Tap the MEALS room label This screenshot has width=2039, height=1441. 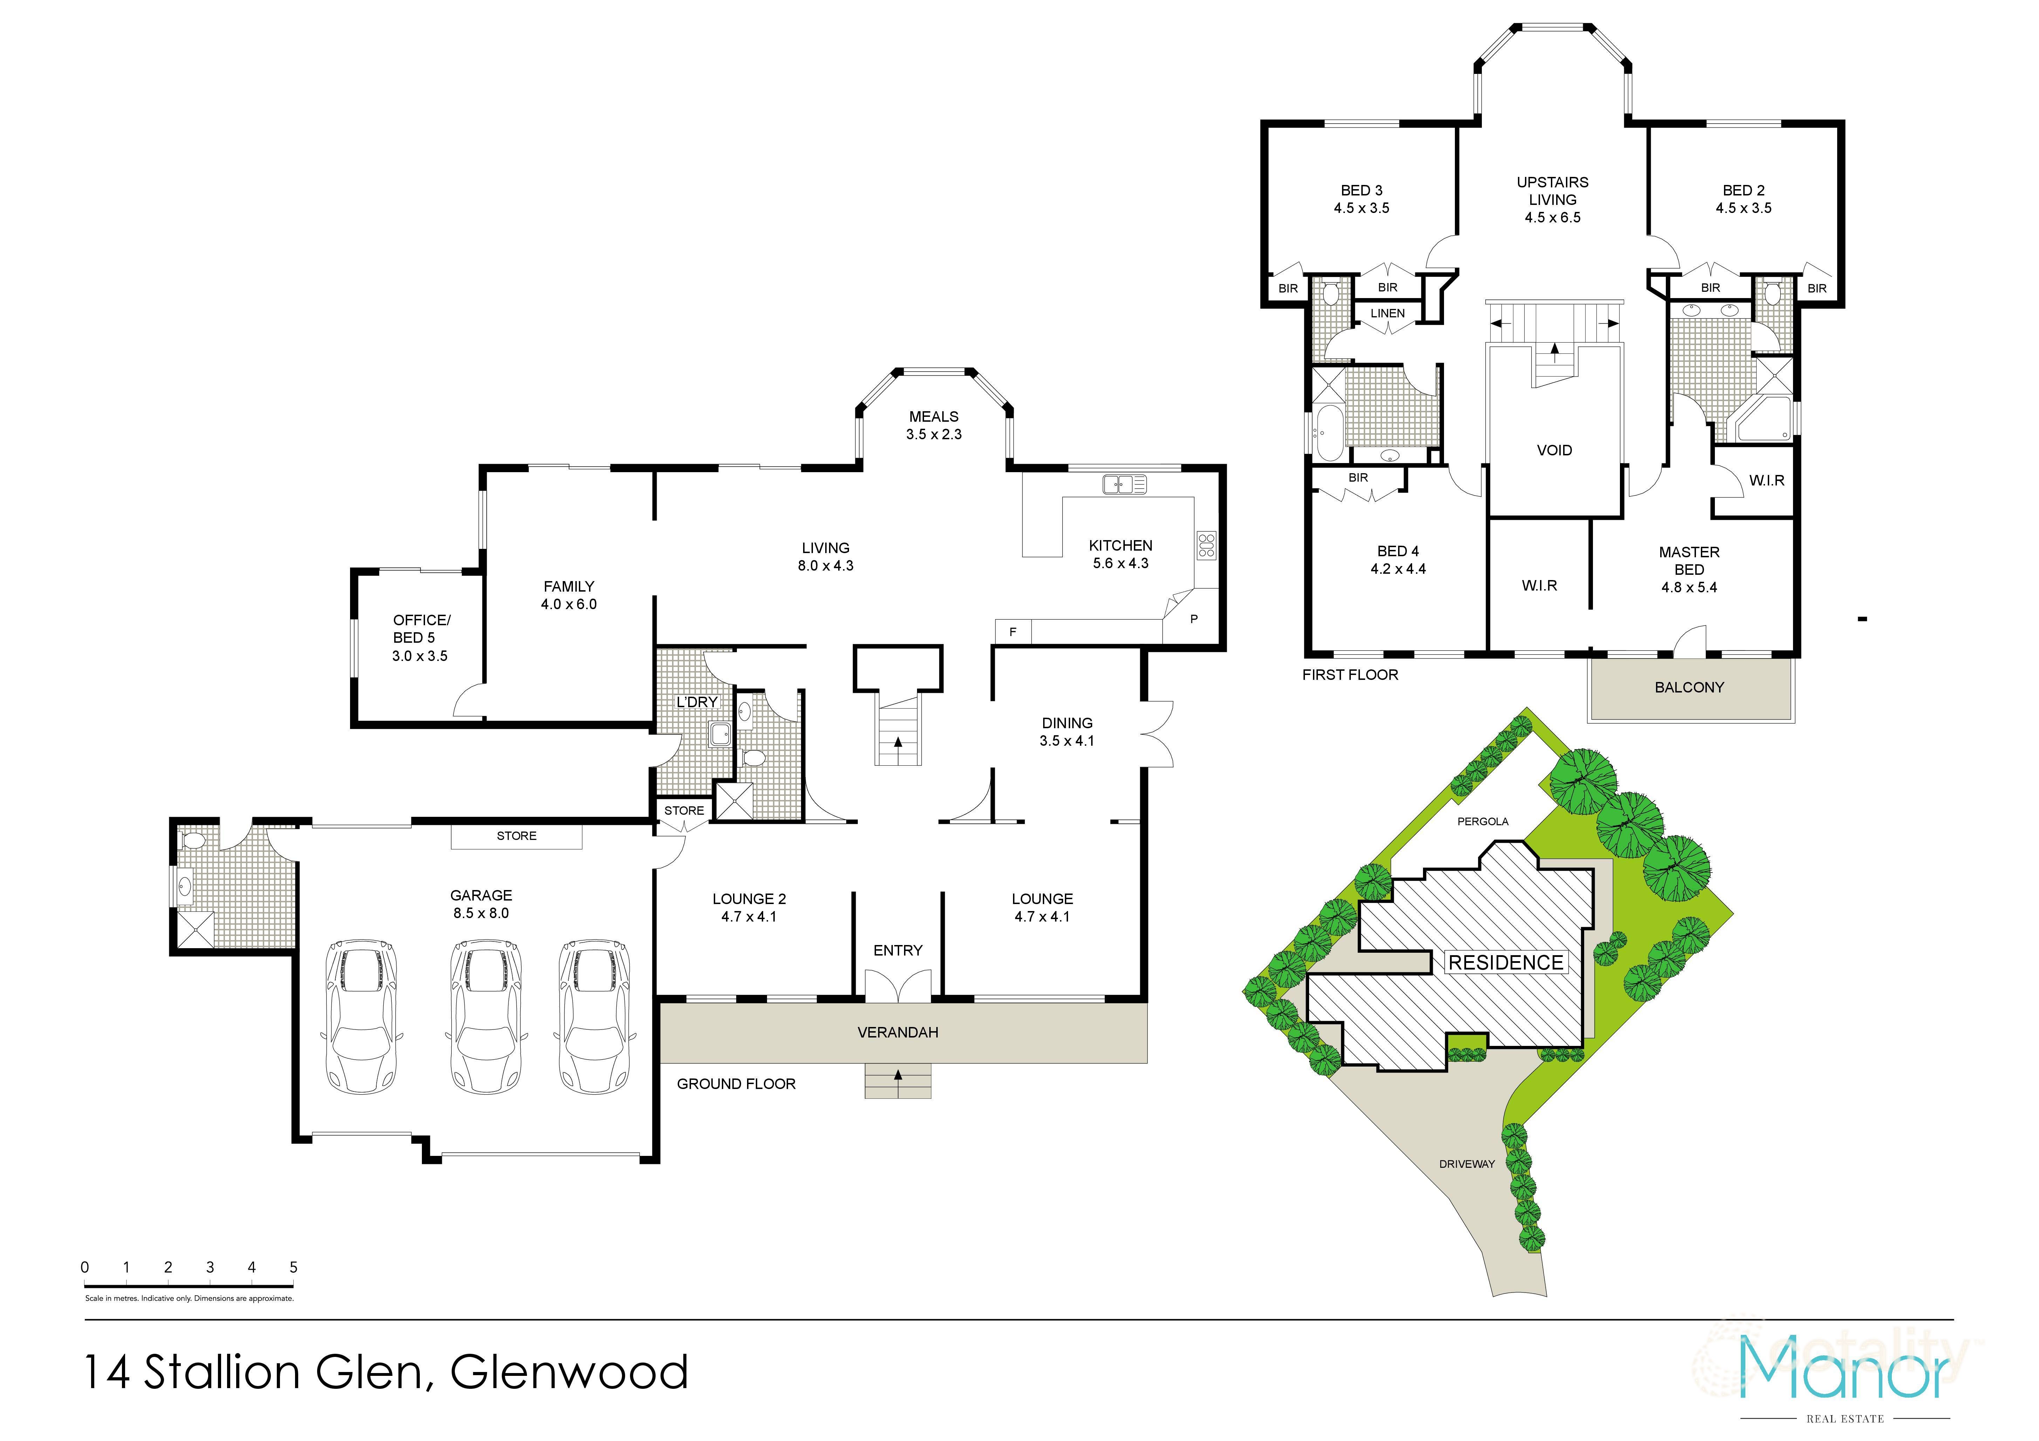(933, 416)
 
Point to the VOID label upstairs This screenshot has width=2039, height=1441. (1554, 450)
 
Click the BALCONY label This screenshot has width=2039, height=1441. (1689, 687)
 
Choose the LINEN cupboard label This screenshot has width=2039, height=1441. (1387, 313)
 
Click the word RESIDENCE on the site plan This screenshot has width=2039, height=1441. (1505, 963)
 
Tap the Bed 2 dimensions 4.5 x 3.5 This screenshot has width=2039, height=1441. (1743, 208)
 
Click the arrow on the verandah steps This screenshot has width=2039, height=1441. (898, 1076)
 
